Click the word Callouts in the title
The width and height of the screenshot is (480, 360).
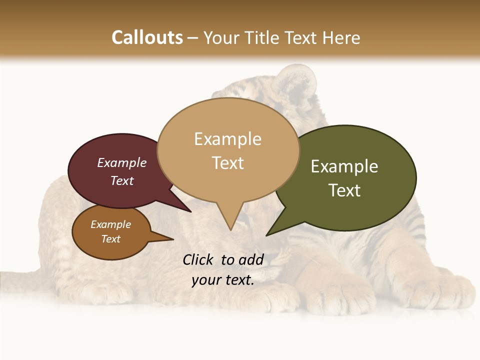147,37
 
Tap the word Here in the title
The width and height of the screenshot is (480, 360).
339,37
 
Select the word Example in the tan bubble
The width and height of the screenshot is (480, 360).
227,139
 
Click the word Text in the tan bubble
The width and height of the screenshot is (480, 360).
227,162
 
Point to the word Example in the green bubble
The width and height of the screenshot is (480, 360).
344,166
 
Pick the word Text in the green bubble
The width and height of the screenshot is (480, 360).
344,190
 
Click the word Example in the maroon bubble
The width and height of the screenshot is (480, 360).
121,162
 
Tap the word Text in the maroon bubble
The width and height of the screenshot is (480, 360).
121,180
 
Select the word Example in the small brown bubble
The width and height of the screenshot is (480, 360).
110,224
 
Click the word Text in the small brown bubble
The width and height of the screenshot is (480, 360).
110,239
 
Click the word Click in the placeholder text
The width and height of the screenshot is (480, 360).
198,259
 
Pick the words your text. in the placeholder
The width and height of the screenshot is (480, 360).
222,280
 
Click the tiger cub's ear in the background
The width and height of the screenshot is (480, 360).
298,78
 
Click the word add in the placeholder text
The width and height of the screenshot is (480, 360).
251,259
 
